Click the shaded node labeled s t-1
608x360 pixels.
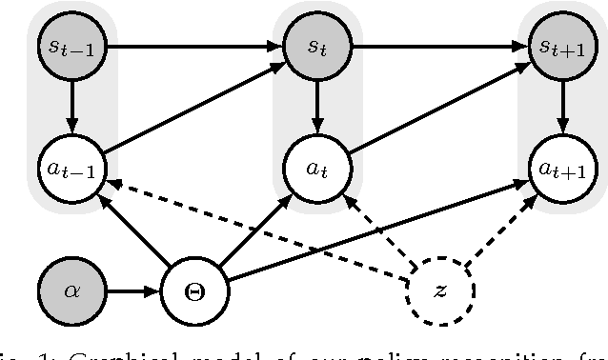72,45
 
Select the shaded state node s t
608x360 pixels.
317,45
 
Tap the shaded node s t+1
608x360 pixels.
562,45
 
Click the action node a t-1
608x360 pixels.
72,170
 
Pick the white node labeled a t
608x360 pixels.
317,170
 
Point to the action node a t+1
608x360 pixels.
562,170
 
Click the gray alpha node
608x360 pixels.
72,290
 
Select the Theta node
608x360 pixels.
194,290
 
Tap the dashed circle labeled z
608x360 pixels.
439,290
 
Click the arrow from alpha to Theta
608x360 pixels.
133,290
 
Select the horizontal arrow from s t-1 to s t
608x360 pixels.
194,45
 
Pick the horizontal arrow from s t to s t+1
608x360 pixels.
439,45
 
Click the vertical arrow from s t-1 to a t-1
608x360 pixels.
72,107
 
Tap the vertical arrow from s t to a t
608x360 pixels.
317,107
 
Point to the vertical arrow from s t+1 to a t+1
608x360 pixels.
562,107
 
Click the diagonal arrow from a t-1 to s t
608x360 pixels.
194,107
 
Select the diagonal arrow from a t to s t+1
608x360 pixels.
439,107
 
